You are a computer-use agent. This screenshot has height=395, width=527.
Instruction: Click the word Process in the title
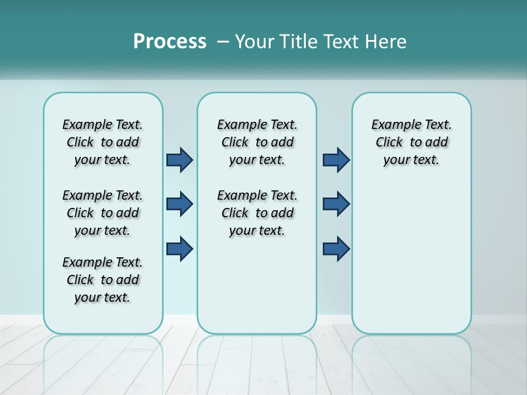tap(170, 42)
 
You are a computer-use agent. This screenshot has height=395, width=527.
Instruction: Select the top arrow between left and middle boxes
tap(180, 160)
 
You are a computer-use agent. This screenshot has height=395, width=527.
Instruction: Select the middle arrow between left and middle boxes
tap(180, 204)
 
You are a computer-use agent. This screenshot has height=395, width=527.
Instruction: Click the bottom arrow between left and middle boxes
tap(180, 249)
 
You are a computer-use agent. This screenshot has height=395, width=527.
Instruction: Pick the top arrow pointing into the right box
tap(336, 160)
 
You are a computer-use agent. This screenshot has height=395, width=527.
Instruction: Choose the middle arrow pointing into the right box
tap(336, 204)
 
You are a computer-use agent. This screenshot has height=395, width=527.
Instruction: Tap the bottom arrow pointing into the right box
tap(336, 249)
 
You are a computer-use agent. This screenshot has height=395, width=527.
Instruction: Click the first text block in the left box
tap(103, 142)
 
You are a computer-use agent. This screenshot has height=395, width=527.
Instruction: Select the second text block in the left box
tap(103, 213)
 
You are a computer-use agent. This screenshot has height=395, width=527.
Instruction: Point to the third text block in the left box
tap(103, 280)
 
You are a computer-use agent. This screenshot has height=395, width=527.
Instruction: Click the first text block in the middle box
tap(257, 142)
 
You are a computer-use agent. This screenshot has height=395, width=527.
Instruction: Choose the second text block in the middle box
tap(257, 213)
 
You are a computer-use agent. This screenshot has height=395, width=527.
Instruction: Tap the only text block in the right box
tap(411, 142)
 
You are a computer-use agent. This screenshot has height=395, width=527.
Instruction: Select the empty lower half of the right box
tap(411, 258)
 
